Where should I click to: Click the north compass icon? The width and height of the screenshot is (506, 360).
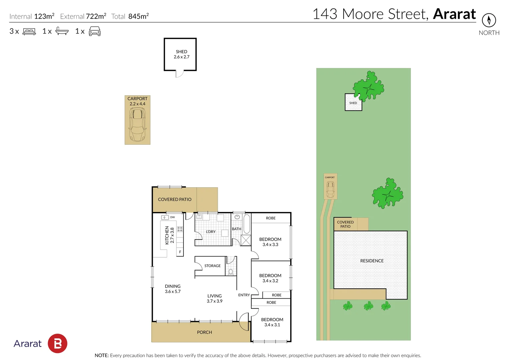click(x=489, y=20)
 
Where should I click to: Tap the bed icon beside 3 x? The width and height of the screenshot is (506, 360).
click(x=29, y=32)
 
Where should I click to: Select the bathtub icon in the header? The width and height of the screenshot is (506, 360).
click(x=62, y=31)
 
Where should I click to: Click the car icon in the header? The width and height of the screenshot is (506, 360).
click(x=95, y=31)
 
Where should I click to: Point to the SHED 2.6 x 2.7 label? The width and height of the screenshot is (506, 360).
click(x=181, y=54)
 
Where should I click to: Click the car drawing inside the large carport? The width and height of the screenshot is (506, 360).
click(x=137, y=124)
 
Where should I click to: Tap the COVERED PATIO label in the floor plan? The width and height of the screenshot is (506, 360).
click(x=174, y=199)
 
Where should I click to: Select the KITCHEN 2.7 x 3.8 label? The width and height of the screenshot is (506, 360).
click(x=169, y=235)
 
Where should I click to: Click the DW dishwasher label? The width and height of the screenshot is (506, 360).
click(x=172, y=217)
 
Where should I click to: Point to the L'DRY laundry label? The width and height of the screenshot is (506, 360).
click(x=210, y=232)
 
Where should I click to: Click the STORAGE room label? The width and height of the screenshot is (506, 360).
click(x=212, y=266)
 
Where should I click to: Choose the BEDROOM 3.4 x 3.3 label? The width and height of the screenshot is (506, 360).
click(x=270, y=242)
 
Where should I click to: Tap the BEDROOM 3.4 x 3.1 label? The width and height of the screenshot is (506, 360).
click(x=272, y=322)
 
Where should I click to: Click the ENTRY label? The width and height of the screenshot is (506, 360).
click(x=244, y=295)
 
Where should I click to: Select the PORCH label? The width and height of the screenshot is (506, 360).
click(x=204, y=332)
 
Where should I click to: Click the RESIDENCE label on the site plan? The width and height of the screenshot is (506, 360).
click(x=372, y=261)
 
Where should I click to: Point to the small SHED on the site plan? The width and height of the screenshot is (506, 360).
click(x=353, y=103)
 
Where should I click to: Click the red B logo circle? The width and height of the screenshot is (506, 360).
click(x=57, y=343)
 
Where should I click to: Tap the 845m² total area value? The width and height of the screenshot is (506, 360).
click(x=138, y=16)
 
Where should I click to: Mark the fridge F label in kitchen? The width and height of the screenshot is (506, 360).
click(x=180, y=252)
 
